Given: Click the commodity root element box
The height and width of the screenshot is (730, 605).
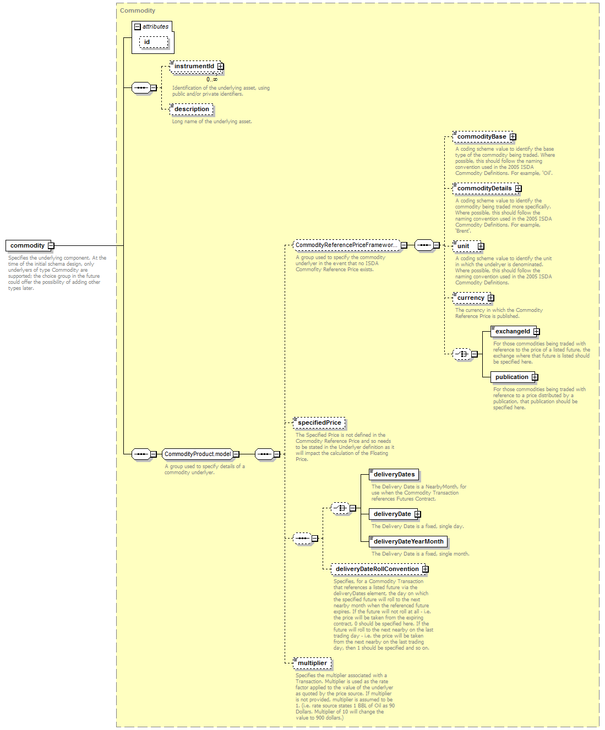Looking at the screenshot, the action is pos(28,245).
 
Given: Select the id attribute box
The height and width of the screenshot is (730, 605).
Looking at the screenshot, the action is pos(153,42).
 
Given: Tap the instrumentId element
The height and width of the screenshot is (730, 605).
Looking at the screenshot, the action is pos(195,67).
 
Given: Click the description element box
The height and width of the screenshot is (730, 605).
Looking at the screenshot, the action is pos(191,109).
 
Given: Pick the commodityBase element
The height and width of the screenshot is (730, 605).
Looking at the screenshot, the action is pos(483,136).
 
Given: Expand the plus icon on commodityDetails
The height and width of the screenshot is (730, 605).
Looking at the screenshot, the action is pos(518,189).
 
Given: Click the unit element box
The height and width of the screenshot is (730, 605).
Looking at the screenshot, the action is pos(467,246).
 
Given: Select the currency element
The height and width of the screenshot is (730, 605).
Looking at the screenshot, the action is pos(472,298).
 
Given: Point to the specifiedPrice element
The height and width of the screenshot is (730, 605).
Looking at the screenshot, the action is pos(319,422).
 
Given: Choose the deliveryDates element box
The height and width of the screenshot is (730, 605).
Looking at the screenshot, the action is pos(394,474).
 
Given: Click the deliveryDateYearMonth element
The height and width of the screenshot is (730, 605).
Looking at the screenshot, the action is pos(408,541).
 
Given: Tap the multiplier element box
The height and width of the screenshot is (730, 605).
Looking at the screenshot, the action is pos(312,663).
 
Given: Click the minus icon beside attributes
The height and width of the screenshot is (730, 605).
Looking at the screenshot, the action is pos(138,27).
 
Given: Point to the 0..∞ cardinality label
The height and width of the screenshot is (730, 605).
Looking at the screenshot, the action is pos(212,79).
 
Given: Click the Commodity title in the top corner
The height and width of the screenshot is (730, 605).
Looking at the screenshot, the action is pos(138,10).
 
